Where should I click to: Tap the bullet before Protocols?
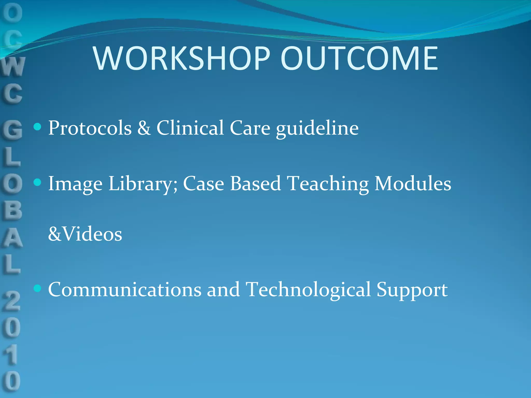point(38,127)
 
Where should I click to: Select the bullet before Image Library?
point(38,182)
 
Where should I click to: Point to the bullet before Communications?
point(38,288)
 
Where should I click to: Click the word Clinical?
point(190,128)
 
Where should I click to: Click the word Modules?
point(413,183)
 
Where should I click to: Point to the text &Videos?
point(85,234)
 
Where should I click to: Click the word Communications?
point(125,290)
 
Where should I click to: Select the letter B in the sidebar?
point(12,210)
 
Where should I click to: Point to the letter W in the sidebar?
point(13,67)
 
